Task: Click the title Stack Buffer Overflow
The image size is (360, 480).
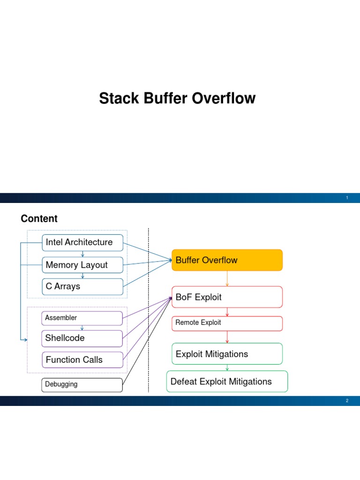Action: coord(177,99)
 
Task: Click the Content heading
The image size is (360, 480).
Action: coord(39,218)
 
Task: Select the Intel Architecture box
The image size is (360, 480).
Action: coord(82,242)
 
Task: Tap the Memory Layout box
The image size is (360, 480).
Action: coord(82,265)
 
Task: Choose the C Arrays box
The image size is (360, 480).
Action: coord(82,286)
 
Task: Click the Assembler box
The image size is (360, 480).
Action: coord(82,318)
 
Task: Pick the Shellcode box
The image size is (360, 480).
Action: coord(82,338)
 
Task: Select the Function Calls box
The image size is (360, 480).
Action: coord(82,360)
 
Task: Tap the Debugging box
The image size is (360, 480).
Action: coord(82,384)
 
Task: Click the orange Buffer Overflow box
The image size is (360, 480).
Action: coord(227,260)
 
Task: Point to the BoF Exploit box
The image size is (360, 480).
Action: coord(227,297)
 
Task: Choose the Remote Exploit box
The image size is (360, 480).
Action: coord(227,323)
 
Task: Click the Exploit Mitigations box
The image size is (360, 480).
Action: coord(227,354)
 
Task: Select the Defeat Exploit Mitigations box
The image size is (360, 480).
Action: coord(227,382)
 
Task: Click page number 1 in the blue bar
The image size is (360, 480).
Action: coord(347,198)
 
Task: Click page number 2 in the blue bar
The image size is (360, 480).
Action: coord(347,401)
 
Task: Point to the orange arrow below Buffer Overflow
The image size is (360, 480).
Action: coord(227,278)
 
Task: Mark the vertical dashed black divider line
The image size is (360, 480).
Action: coord(149,309)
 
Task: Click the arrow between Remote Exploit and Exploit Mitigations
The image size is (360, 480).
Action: coord(227,337)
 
